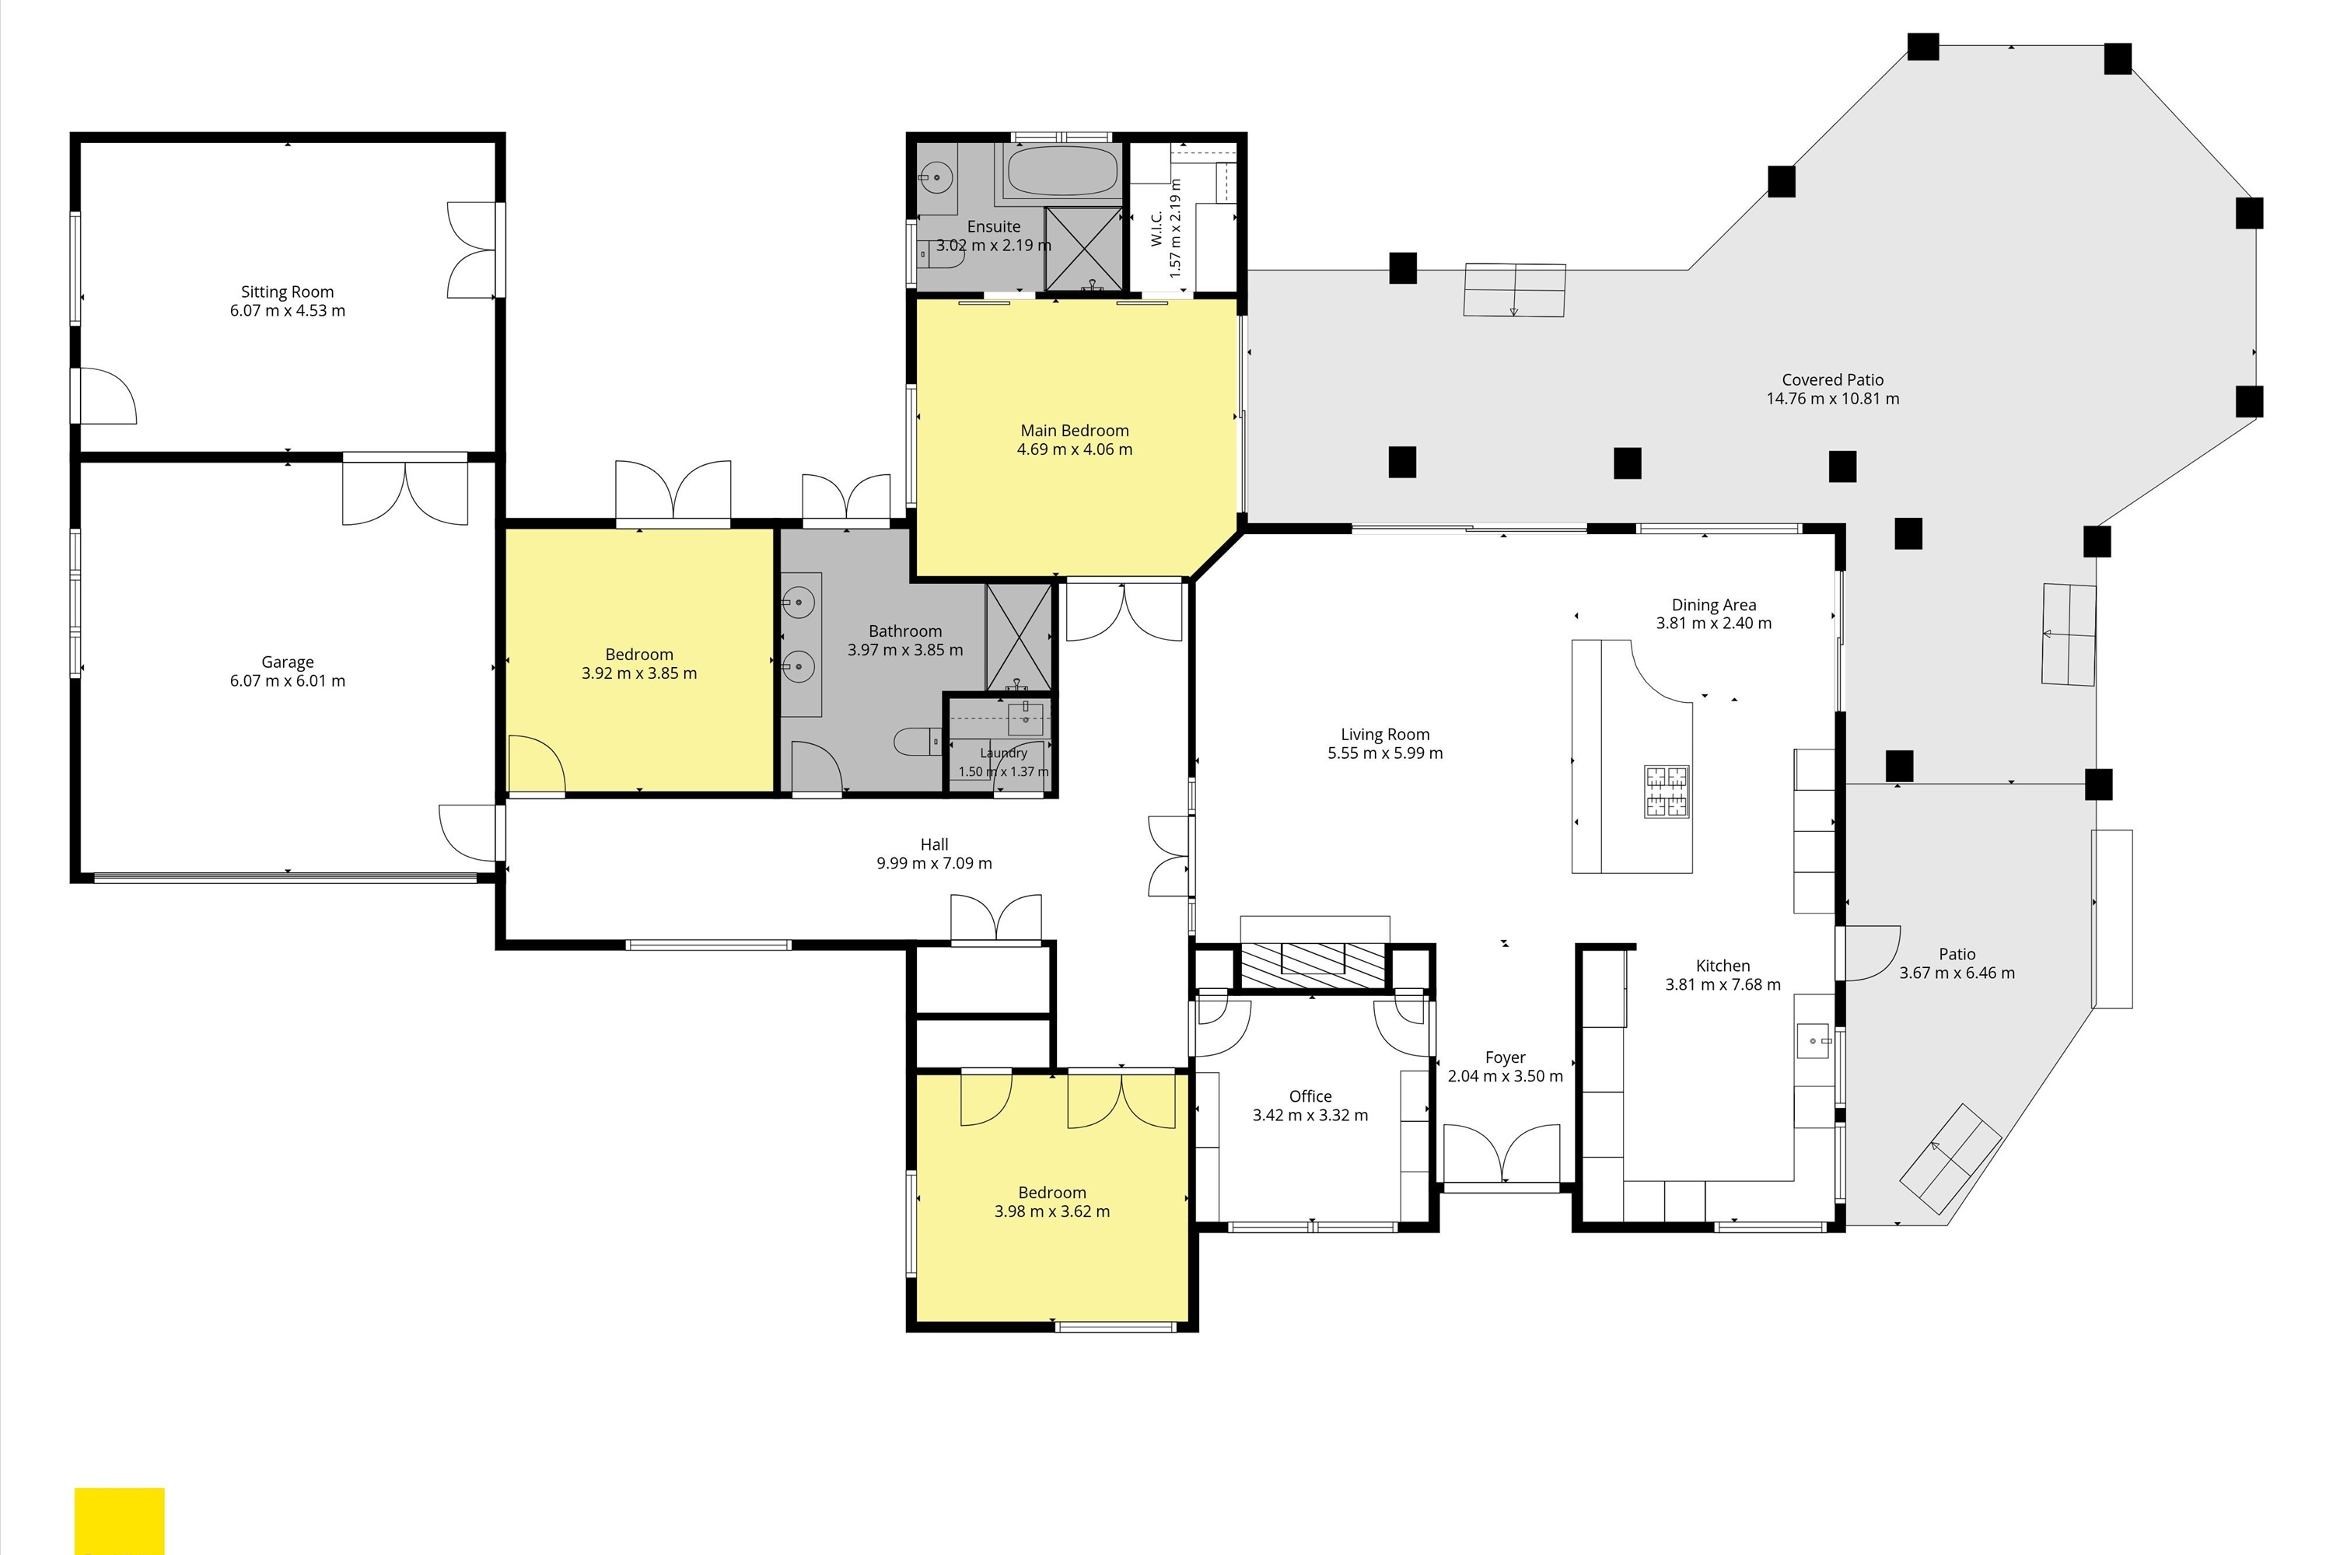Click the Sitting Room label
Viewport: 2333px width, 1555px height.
(288, 292)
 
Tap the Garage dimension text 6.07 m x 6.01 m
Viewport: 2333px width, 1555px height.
(288, 680)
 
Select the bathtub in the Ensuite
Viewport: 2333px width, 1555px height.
(1062, 172)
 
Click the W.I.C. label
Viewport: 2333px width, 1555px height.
(1156, 227)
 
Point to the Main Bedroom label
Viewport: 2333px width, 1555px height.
(1074, 431)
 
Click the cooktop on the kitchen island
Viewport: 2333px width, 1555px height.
(1667, 791)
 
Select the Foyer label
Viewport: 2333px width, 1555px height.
(1505, 1057)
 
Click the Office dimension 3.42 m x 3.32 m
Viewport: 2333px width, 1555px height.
(1310, 1115)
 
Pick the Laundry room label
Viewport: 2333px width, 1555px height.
(1004, 753)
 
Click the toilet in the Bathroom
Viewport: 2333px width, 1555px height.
(918, 741)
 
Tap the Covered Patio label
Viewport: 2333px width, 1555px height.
(1832, 380)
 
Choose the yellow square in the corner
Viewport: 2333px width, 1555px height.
(119, 1520)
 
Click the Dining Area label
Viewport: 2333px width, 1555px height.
(1713, 605)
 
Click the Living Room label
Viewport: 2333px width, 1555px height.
(1385, 735)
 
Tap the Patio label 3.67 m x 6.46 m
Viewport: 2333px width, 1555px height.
(1957, 963)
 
